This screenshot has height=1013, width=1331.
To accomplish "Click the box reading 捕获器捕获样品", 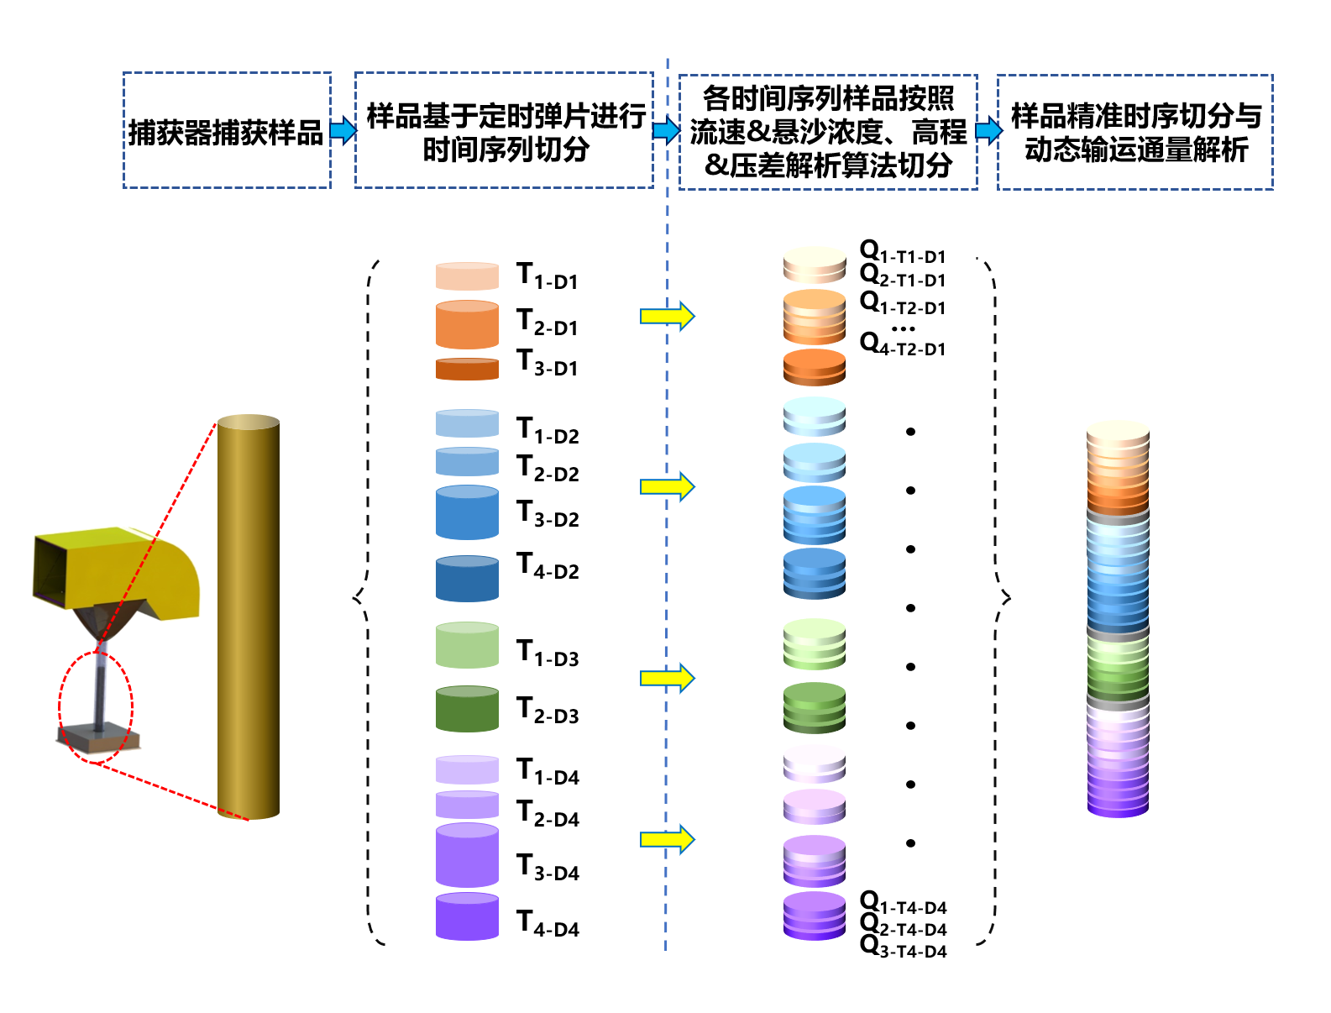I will (x=227, y=131).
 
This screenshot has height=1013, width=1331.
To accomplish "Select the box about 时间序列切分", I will (x=504, y=131).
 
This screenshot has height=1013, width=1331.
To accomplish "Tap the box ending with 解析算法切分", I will (x=827, y=132).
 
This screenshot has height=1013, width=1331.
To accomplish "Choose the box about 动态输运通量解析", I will (x=1134, y=132).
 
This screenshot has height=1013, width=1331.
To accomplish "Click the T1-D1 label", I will (x=547, y=276).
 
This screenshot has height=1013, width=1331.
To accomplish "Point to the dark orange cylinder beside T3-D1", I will (x=467, y=369).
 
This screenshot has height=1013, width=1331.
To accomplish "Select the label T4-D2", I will (x=548, y=567).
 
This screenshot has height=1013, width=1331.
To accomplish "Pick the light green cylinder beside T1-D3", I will (x=467, y=645).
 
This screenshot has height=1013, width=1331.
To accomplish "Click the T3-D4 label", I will (x=548, y=868).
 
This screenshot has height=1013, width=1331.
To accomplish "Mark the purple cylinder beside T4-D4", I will (x=467, y=916).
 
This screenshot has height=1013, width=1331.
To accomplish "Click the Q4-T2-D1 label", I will (x=903, y=344).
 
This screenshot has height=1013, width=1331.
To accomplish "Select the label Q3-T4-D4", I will (x=904, y=947).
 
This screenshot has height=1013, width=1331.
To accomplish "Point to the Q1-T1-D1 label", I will (x=903, y=252).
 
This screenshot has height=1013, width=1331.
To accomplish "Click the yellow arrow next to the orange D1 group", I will (x=667, y=316).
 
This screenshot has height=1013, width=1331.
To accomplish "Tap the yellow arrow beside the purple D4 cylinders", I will (x=667, y=838).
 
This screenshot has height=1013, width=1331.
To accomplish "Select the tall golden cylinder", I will (x=249, y=617).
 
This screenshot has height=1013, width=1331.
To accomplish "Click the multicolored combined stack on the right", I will (x=1118, y=618).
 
